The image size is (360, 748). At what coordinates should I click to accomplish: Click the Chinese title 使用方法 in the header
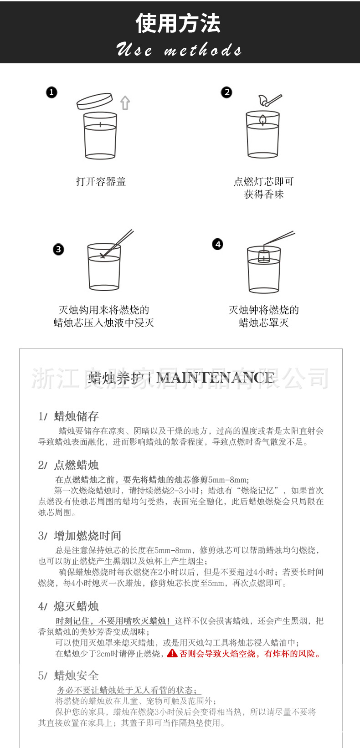click(x=178, y=23)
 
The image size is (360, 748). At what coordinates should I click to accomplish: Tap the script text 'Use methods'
click(x=179, y=50)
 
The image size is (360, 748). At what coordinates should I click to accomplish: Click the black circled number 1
click(x=51, y=92)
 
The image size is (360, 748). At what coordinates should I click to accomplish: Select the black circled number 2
click(x=226, y=92)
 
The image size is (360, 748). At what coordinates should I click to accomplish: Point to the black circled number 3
click(x=58, y=249)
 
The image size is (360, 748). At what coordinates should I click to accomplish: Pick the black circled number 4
click(x=218, y=244)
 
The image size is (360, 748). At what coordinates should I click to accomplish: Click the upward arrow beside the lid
click(x=125, y=103)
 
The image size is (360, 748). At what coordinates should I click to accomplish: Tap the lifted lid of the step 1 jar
click(x=94, y=102)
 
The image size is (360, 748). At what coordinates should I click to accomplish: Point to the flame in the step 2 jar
click(x=263, y=119)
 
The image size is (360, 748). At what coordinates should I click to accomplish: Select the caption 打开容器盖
click(x=101, y=182)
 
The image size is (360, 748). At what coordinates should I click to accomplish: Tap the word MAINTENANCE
click(x=216, y=378)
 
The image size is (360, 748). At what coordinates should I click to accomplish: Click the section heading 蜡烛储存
click(x=76, y=416)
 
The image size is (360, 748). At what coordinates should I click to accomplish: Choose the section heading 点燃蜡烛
click(x=76, y=465)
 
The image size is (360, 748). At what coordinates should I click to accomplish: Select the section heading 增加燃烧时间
click(x=87, y=536)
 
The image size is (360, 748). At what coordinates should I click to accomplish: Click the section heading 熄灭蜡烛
click(x=76, y=606)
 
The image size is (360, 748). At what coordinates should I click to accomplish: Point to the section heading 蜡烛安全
click(x=76, y=676)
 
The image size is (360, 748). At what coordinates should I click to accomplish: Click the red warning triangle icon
click(x=172, y=654)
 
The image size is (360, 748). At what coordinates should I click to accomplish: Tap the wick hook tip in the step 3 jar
click(x=103, y=256)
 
